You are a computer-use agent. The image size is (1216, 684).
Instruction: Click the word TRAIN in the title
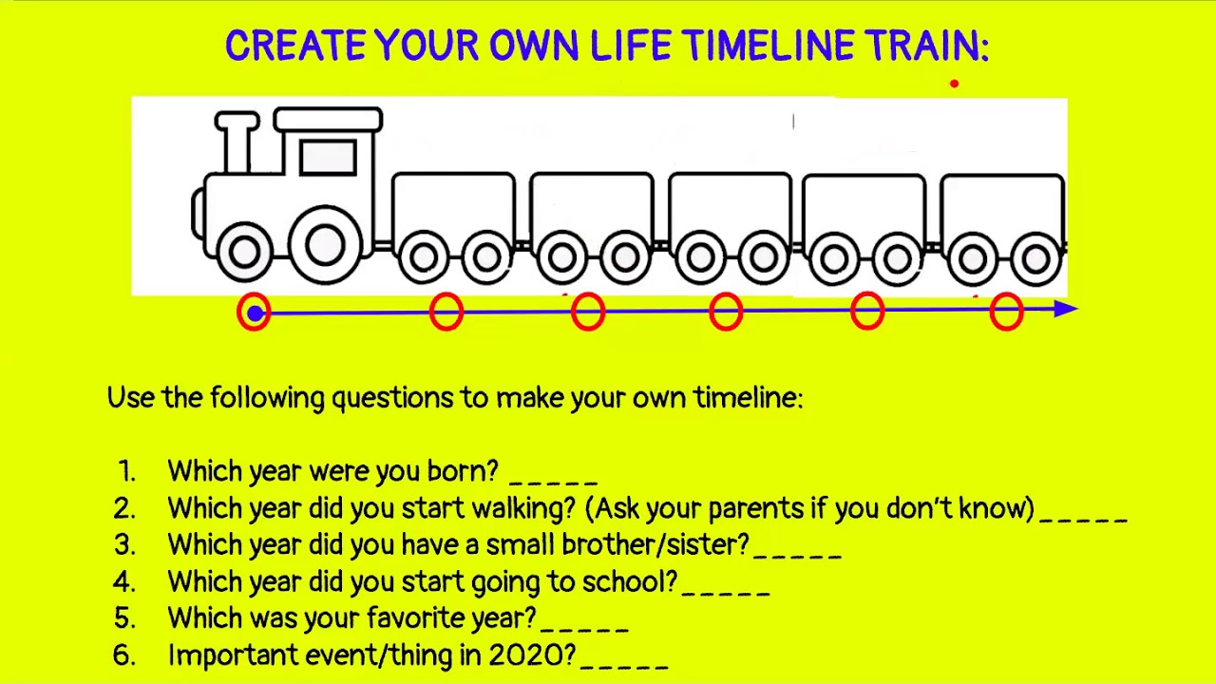[926, 46]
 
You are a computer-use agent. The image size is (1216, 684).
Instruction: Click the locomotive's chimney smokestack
[237, 142]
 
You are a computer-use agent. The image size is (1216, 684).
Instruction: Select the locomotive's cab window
[328, 157]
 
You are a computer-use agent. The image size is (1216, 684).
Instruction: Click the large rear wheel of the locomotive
[325, 245]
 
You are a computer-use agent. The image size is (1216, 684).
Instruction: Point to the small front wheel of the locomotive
[244, 252]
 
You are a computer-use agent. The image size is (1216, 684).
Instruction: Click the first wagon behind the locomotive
[453, 204]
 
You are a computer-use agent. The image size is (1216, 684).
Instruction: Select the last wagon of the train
[1002, 204]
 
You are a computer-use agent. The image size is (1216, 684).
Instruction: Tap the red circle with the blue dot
[254, 313]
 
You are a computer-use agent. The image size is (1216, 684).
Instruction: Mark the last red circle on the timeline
[1006, 312]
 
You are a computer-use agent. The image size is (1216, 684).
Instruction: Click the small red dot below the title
[954, 84]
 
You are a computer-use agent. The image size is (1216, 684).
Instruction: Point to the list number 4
[124, 581]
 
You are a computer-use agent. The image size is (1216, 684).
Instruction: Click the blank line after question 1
[554, 475]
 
